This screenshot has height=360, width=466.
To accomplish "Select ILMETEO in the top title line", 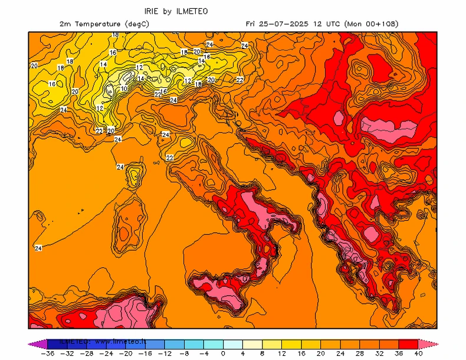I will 192,11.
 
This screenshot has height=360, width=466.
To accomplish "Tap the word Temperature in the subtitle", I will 97,24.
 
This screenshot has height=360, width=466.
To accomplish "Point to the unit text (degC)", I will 136,24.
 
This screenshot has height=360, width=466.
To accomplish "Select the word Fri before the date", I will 251,24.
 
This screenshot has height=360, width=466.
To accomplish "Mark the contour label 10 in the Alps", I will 123,89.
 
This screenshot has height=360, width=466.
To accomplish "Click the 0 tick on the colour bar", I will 223,354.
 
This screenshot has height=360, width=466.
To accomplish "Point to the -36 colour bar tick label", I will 48,354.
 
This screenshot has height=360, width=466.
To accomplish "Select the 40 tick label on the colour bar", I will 418,354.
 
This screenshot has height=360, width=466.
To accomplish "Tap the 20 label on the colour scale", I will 320,354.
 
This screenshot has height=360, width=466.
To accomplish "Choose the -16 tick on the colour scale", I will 145,354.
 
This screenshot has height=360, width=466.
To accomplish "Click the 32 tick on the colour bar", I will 379,354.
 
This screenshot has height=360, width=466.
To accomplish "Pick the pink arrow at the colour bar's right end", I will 429,343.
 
